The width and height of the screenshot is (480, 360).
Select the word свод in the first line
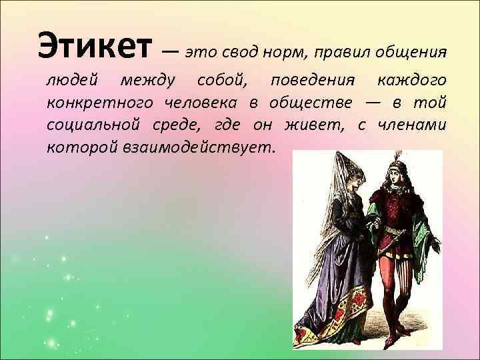pyautogui.click(x=237, y=51)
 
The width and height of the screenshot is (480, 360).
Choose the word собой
pyautogui.click(x=221, y=82)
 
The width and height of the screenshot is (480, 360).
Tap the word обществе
pyautogui.click(x=308, y=104)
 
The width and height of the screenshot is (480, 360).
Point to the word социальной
pyautogui.click(x=92, y=125)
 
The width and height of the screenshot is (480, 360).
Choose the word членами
pyautogui.click(x=414, y=125)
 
